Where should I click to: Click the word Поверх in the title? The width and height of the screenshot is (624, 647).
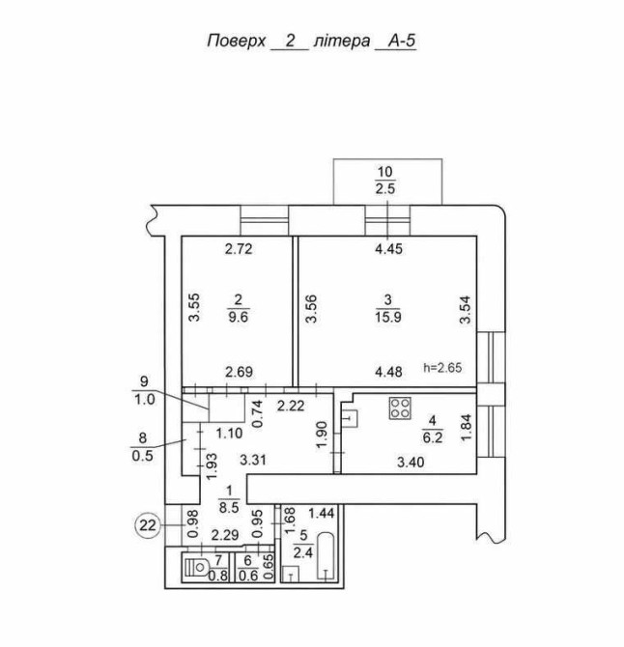coord(236,42)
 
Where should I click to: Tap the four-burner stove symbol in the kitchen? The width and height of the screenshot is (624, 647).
coord(398,409)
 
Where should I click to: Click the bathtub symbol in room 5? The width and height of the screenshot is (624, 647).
coord(327,557)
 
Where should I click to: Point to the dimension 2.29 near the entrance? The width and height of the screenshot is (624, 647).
coord(224,534)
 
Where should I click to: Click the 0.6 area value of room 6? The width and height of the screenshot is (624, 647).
coord(250,577)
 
